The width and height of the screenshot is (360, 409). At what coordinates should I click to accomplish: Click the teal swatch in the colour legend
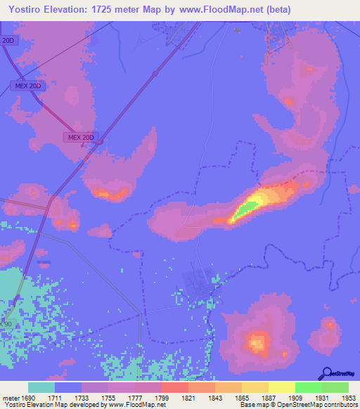pyautogui.click(x=41, y=387)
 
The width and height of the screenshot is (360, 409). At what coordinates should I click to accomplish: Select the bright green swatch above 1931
pyautogui.click(x=308, y=387)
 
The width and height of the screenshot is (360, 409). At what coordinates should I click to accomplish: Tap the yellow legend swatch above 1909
pyautogui.click(x=281, y=387)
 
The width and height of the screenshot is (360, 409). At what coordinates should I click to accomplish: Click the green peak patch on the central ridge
pyautogui.click(x=246, y=208)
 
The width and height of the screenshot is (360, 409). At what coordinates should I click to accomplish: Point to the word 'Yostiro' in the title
pyautogui.click(x=24, y=9)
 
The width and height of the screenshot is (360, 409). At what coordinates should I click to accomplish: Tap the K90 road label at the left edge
pyautogui.click(x=7, y=323)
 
